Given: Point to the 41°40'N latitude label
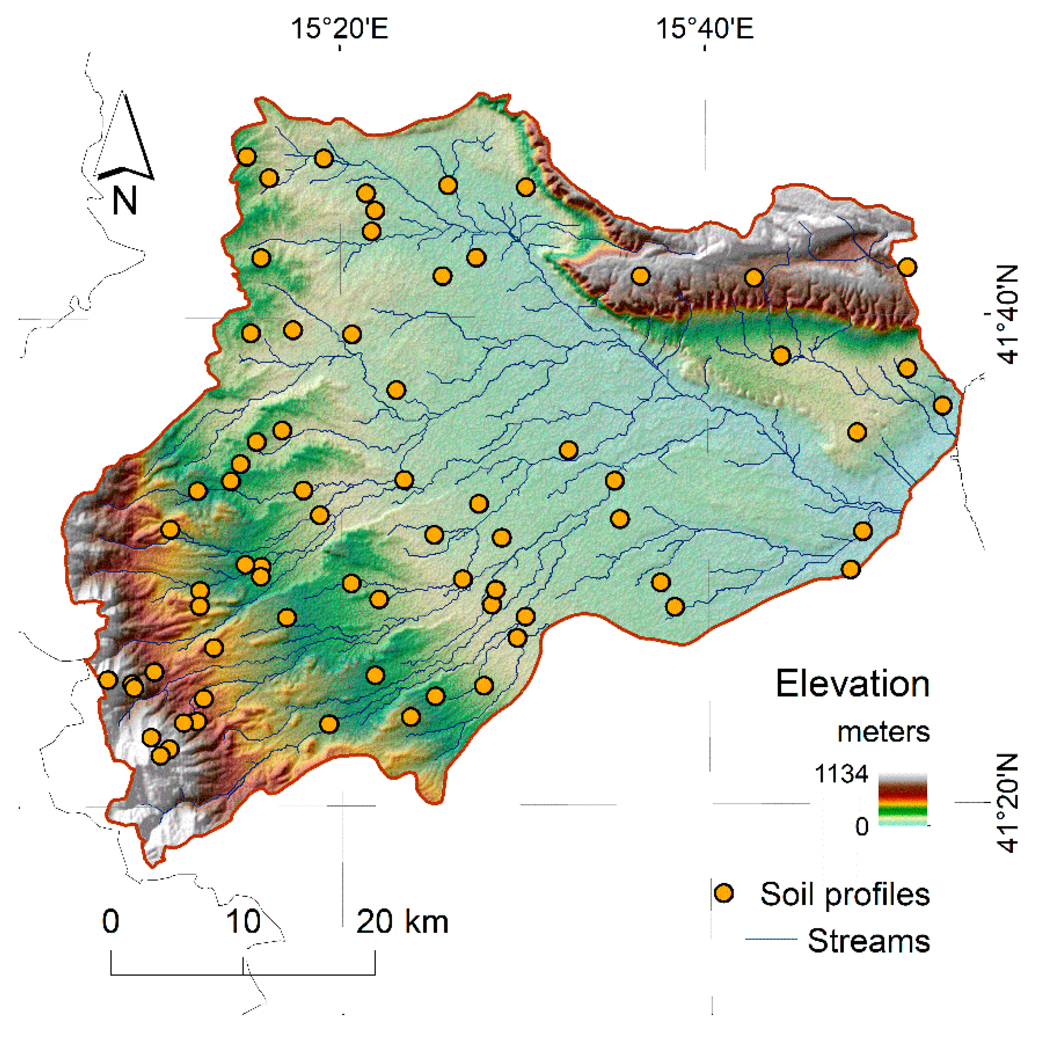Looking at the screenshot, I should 1008,315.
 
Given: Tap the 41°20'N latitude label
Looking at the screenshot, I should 1008,803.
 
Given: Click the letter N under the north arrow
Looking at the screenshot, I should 124,201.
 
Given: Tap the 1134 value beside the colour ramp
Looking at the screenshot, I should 841,774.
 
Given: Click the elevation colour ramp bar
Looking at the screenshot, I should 903,799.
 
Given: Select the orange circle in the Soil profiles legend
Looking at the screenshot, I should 724,894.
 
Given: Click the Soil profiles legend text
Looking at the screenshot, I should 845,894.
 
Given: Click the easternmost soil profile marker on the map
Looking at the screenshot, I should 942,405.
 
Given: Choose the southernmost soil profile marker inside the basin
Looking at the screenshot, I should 160,756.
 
